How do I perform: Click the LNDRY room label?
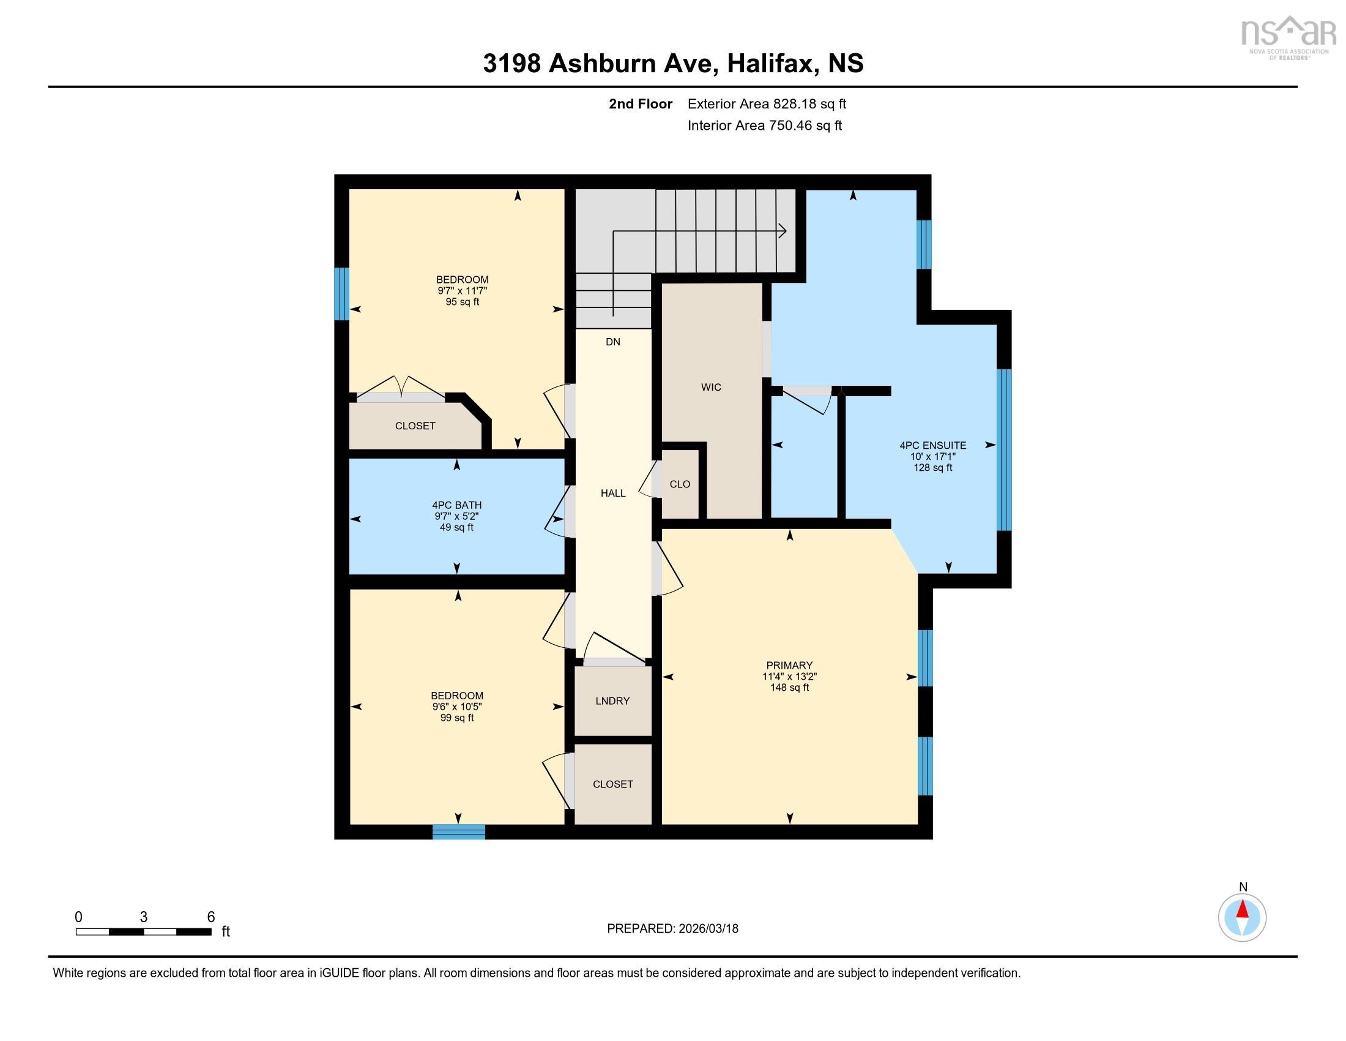click(x=612, y=701)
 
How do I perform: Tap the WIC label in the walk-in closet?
click(x=710, y=387)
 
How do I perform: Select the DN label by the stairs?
click(x=612, y=342)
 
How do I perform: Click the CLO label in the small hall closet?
click(x=680, y=484)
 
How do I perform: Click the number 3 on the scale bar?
click(x=144, y=917)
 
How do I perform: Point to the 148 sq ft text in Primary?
click(x=789, y=687)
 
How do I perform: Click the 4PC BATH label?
click(x=456, y=505)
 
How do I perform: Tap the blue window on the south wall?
click(x=458, y=832)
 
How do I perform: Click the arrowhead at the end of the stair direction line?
click(x=783, y=231)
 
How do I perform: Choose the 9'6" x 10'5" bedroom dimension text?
click(x=456, y=707)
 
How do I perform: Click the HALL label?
click(x=612, y=493)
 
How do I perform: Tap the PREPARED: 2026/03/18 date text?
click(x=672, y=929)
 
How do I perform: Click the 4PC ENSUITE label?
click(x=932, y=445)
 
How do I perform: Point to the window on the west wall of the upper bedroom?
click(x=341, y=293)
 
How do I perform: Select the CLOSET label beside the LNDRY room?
click(x=612, y=784)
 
